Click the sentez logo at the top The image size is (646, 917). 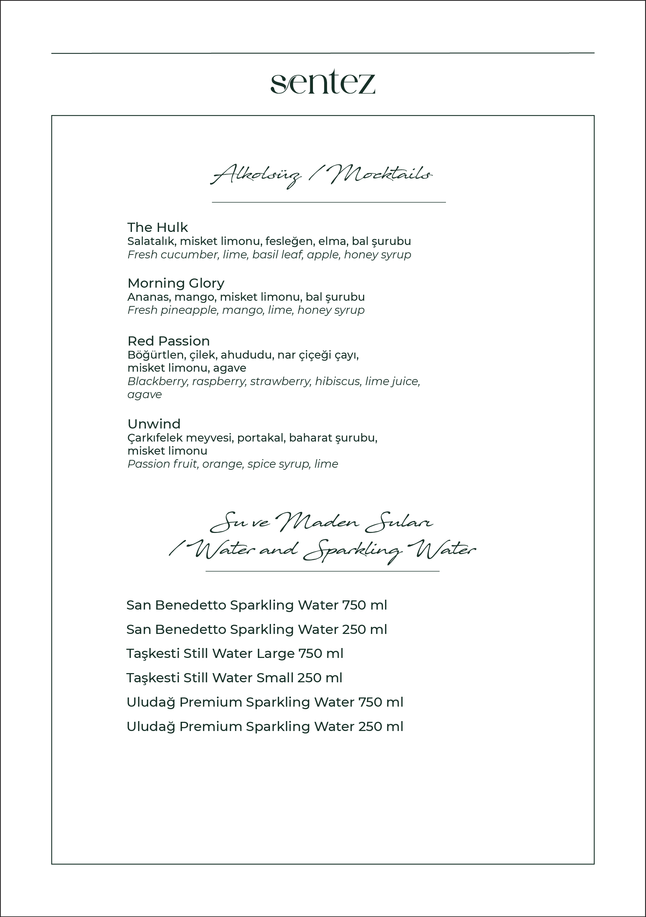(x=322, y=82)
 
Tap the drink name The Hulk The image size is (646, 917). (x=157, y=227)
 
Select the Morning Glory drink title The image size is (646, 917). (x=176, y=283)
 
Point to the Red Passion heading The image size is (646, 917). (x=169, y=341)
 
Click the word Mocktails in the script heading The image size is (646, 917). (x=381, y=174)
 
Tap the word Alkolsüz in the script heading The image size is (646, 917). (x=255, y=176)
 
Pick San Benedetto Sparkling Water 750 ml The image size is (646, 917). (x=256, y=605)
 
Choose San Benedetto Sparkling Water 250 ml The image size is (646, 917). (x=256, y=629)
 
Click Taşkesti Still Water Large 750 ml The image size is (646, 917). (x=235, y=653)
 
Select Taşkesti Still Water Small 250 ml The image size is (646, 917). (x=234, y=678)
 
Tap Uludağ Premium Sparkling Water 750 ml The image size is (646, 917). (x=265, y=702)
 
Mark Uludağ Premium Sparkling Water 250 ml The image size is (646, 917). (x=265, y=726)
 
